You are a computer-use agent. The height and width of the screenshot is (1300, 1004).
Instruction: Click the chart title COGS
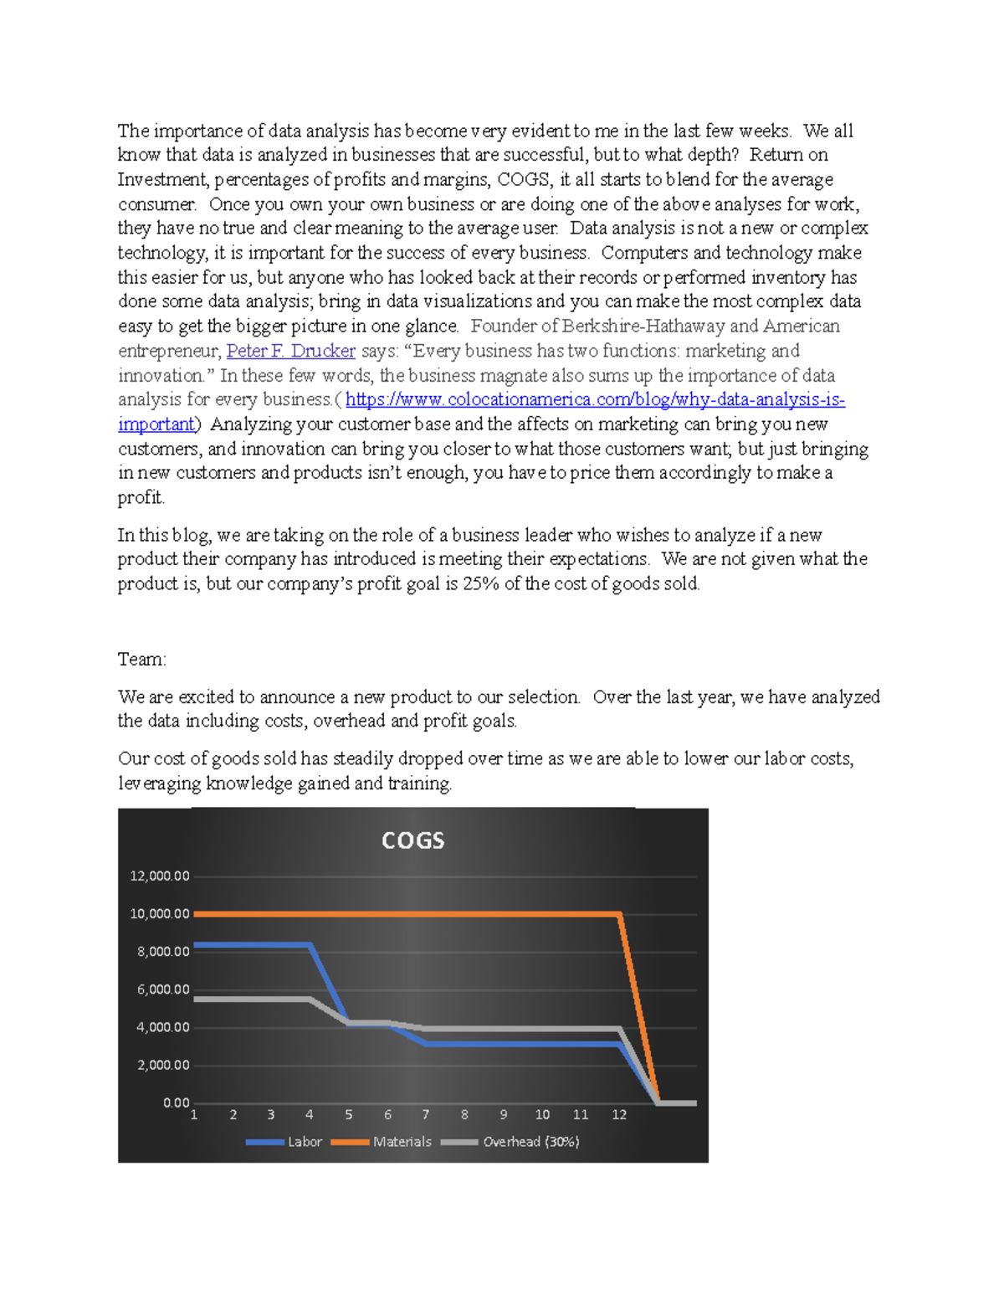[x=412, y=840]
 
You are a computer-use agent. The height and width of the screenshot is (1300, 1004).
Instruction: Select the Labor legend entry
[x=304, y=1142]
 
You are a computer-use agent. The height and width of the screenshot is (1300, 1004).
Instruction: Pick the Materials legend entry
[x=402, y=1142]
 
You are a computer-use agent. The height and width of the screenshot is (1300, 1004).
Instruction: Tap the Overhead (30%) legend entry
[x=530, y=1142]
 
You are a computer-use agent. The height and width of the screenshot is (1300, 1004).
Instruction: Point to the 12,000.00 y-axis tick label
[x=159, y=876]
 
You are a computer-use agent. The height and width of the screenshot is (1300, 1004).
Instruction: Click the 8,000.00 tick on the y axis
[x=162, y=952]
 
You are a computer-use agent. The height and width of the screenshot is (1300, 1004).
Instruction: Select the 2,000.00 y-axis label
[x=162, y=1066]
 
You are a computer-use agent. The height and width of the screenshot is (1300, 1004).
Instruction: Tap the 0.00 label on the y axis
[x=176, y=1103]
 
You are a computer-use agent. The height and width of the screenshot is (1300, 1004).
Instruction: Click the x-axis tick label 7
[x=426, y=1115]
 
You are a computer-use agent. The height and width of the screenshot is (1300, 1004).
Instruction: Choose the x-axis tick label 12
[x=619, y=1115]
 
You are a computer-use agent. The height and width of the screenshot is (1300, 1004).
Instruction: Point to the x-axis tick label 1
[x=194, y=1115]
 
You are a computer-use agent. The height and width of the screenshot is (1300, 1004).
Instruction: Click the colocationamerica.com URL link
[x=594, y=400]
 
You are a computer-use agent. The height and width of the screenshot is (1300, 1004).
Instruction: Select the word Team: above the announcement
[x=141, y=660]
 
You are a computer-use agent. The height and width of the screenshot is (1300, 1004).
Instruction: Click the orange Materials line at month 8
[x=464, y=914]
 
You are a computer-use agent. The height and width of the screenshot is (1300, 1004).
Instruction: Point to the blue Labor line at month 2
[x=233, y=945]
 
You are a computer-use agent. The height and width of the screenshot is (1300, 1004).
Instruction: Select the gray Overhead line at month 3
[x=271, y=999]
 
